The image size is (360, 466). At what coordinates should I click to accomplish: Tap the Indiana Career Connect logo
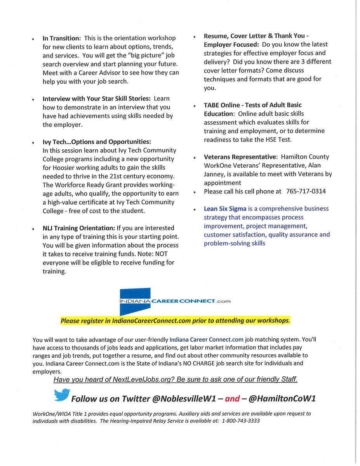point(175,301)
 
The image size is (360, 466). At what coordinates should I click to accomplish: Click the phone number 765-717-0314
point(306,191)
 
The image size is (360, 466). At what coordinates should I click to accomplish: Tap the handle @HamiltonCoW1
point(284,399)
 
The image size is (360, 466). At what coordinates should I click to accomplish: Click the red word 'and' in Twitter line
point(233,399)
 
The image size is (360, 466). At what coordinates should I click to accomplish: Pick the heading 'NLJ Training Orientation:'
point(79,228)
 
